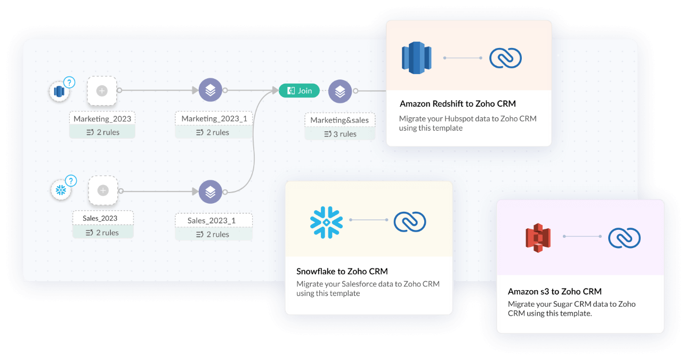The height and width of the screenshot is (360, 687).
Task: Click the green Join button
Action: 299,91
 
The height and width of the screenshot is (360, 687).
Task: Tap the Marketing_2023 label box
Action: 102,119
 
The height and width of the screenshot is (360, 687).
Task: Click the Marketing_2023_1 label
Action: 214,119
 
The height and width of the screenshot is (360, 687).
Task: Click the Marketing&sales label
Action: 340,120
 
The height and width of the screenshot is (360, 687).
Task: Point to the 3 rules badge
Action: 340,134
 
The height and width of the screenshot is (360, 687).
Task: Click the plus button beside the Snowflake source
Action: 103,190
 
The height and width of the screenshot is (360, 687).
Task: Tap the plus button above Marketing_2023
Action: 102,91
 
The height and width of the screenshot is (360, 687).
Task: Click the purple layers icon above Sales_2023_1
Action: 211,191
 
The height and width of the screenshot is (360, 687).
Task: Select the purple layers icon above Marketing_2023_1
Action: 211,91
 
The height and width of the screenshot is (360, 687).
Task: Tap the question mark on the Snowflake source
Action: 70,181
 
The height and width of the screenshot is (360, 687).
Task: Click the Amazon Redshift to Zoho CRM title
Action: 457,104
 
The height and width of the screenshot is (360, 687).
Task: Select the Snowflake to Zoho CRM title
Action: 342,271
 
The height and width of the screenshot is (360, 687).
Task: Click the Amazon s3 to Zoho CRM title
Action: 554,292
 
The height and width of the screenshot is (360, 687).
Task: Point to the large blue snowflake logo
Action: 326,220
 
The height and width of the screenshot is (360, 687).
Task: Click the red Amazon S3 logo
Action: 537,237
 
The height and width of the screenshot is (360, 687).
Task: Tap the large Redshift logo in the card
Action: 416,58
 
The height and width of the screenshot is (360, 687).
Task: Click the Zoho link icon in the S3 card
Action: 624,237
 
